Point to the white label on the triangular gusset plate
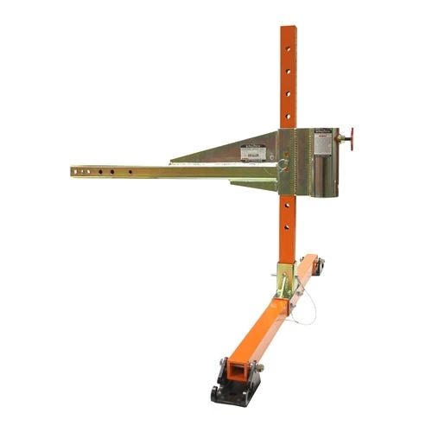coord(252,152)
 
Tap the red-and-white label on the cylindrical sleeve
coord(323,137)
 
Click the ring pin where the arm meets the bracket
coord(282,165)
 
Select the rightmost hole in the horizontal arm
coord(130,172)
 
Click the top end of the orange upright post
coord(287,29)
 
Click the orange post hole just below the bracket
coord(287,207)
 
